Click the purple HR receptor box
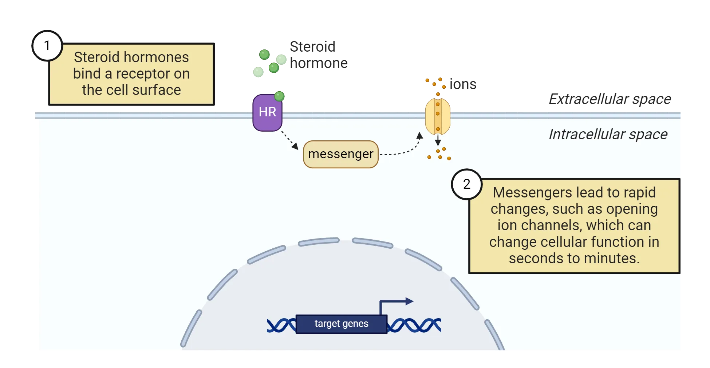pos(267,113)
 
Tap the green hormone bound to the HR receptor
pos(279,96)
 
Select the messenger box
pos(341,154)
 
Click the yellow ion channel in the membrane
pos(438,116)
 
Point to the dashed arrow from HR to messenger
pos(289,140)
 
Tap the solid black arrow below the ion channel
pos(438,140)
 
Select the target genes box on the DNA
pos(341,324)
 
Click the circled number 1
pos(47,46)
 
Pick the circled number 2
pos(466,184)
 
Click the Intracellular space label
pos(608,135)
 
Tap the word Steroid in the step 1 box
pos(96,57)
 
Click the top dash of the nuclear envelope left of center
pos(319,241)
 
